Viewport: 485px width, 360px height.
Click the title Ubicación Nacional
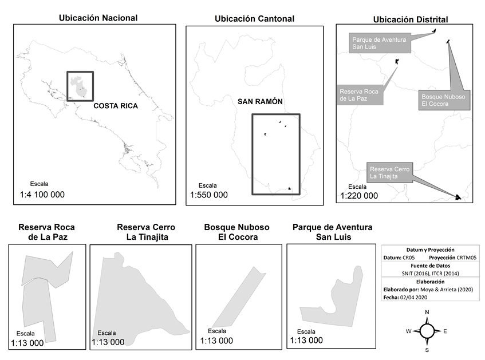98,18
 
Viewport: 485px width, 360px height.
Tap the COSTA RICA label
116,106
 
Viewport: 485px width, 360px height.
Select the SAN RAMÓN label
261,101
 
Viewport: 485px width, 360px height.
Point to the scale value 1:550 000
209,195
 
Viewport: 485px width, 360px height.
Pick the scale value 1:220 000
359,196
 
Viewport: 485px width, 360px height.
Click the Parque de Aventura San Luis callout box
379,43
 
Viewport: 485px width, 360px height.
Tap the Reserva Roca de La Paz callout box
360,95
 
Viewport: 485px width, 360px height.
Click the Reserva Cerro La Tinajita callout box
389,173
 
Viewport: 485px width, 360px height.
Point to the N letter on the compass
427,312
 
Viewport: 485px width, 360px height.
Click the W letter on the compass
409,331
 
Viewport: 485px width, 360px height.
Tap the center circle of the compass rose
427,331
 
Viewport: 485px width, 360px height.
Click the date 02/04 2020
419,297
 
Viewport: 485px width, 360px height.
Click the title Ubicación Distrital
410,19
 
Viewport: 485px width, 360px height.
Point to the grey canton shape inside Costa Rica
79,86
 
